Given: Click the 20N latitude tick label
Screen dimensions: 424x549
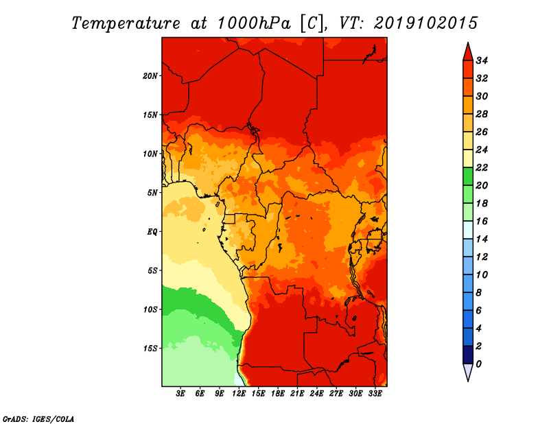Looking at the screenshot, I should [x=150, y=75].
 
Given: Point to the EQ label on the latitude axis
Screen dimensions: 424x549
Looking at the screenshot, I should [x=152, y=232].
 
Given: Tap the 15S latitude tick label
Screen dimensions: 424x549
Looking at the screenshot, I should [x=150, y=349].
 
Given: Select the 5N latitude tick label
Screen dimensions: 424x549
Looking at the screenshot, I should [x=152, y=193].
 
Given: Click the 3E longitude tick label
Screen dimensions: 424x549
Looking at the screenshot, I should [x=181, y=394].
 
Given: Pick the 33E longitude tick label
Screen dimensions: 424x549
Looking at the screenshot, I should [x=375, y=394].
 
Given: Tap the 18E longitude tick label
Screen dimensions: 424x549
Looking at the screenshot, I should [x=278, y=394].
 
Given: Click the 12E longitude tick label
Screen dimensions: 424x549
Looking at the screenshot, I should [x=239, y=394].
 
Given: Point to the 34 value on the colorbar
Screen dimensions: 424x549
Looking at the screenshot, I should [x=491, y=60].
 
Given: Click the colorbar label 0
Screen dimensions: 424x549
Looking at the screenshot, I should [x=488, y=364].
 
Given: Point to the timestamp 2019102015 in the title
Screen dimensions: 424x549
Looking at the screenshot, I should [x=425, y=23].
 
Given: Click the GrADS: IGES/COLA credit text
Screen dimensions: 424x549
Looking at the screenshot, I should [x=38, y=418].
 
